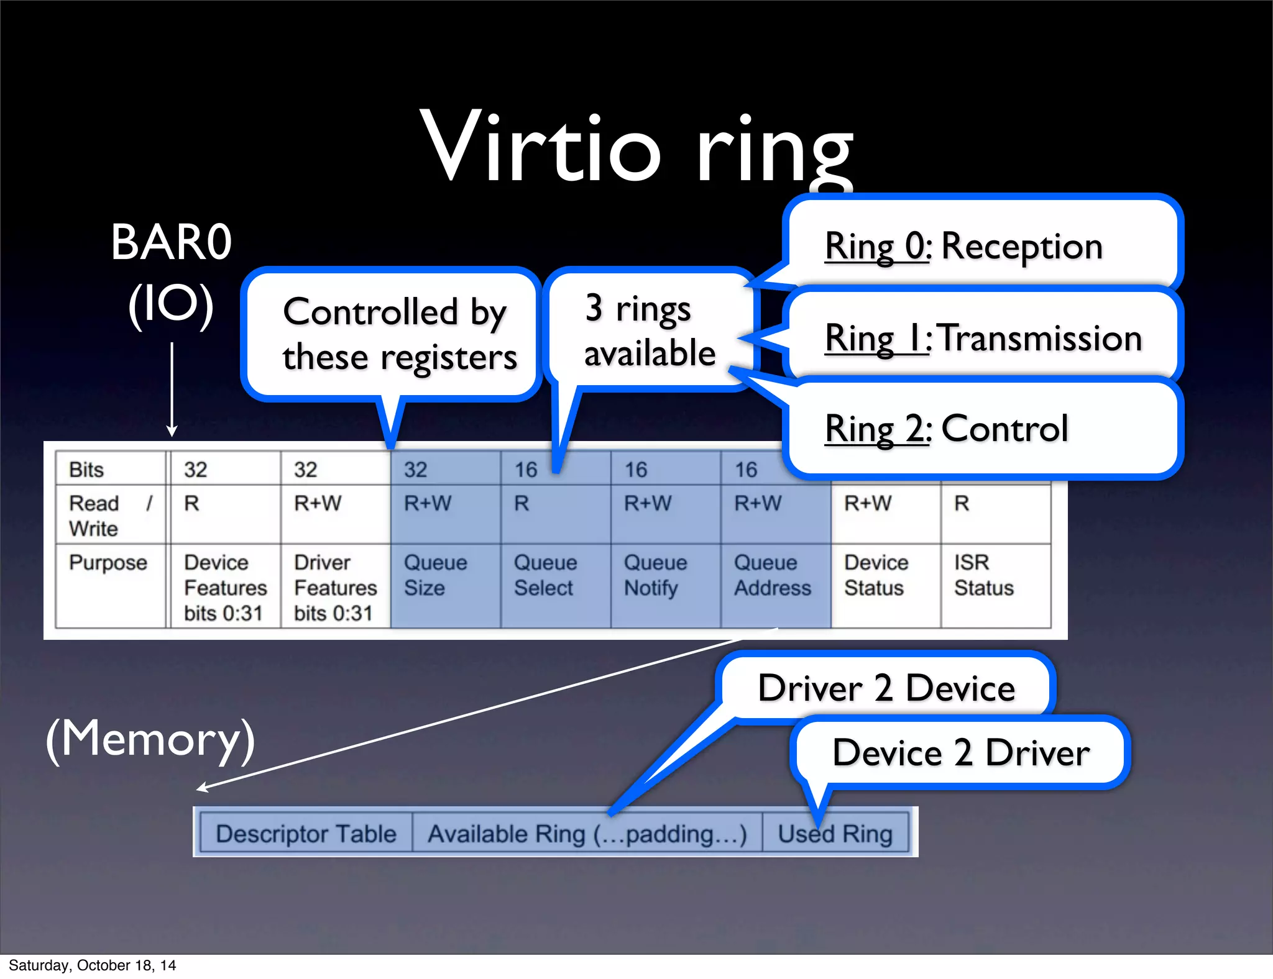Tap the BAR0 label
pyautogui.click(x=171, y=242)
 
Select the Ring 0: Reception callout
pyautogui.click(x=982, y=245)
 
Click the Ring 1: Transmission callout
pyautogui.click(x=982, y=337)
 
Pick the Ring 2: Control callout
pyautogui.click(x=982, y=429)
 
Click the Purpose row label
pyautogui.click(x=108, y=563)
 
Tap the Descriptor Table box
pyautogui.click(x=306, y=834)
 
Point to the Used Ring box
pyautogui.click(x=835, y=834)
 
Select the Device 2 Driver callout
pyautogui.click(x=960, y=753)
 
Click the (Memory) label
pyautogui.click(x=150, y=739)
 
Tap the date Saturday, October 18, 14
pyautogui.click(x=92, y=965)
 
